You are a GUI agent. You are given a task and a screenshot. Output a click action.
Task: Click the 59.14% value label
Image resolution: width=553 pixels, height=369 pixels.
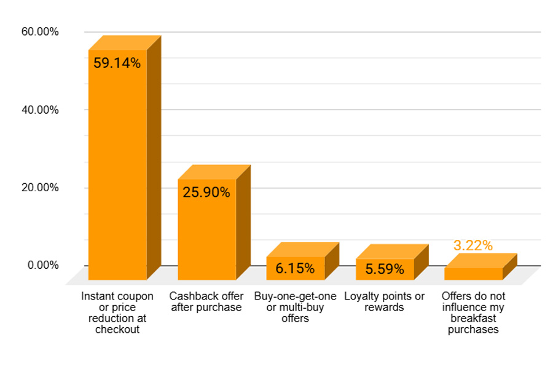coord(117,63)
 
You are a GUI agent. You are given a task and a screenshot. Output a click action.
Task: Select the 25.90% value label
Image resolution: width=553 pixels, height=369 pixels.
coord(206,192)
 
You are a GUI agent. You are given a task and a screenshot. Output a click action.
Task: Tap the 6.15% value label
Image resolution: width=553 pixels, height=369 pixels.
coord(295,269)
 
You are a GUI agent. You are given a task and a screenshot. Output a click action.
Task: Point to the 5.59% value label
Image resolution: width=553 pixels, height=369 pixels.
coord(385,269)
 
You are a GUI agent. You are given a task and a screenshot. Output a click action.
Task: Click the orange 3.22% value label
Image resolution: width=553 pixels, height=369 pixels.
coord(473,245)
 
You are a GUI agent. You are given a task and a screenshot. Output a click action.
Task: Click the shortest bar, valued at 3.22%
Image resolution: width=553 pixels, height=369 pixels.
coord(473,273)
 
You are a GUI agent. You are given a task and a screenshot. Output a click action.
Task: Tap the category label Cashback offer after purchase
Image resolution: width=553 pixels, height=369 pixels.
coord(206,301)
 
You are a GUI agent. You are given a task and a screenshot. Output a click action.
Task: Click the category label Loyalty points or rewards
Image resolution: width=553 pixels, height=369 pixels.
coord(384,301)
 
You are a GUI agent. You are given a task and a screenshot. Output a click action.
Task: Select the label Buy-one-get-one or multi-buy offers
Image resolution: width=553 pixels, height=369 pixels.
coord(295,307)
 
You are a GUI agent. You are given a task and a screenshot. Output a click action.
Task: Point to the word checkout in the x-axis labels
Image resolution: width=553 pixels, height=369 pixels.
coord(117,329)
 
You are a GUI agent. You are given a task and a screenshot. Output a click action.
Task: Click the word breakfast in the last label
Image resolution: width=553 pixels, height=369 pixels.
coord(473,318)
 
